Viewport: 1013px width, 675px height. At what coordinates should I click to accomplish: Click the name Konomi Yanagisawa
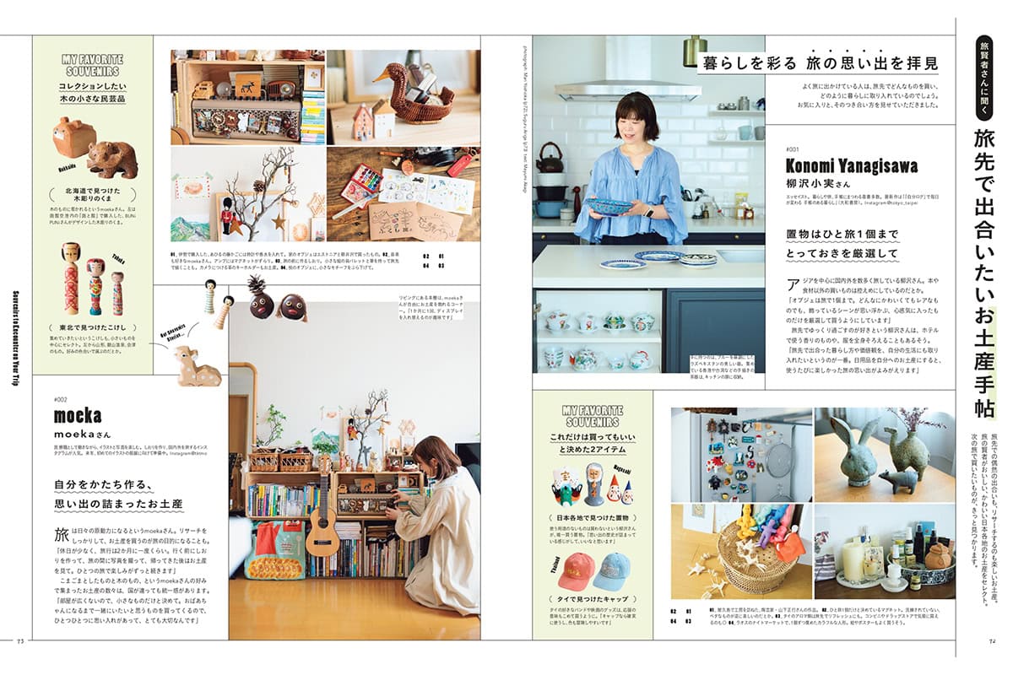click(x=851, y=165)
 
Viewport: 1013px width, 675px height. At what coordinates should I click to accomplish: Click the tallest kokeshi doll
click(x=71, y=278)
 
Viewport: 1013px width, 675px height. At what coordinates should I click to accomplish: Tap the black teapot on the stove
click(x=550, y=157)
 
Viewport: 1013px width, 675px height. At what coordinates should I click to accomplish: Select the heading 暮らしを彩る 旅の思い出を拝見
click(x=817, y=63)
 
